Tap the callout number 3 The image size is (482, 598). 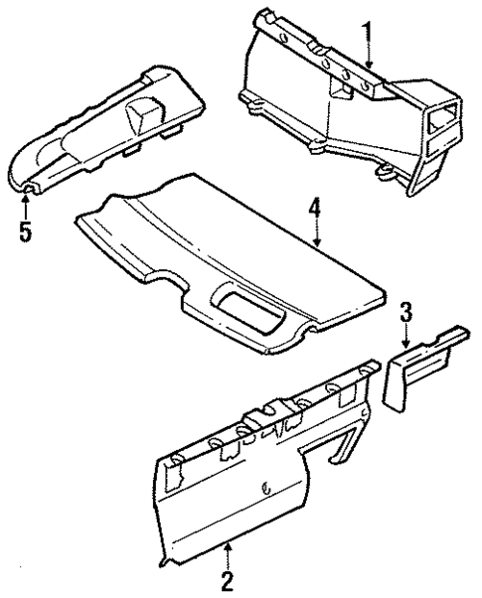click(x=405, y=311)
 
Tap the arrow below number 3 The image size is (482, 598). click(x=405, y=335)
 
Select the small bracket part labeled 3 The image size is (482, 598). click(x=417, y=373)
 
